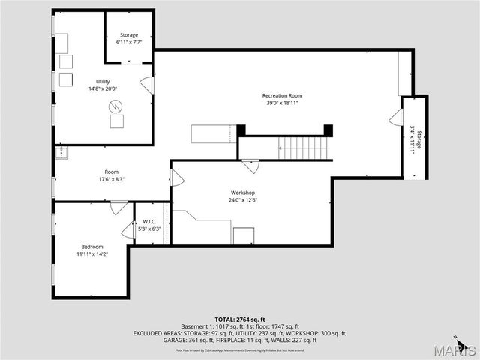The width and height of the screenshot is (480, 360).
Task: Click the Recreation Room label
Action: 282,95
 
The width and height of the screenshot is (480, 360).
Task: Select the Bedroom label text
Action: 92,247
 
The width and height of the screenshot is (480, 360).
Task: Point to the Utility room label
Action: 103,81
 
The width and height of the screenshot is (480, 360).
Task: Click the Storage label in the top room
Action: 128,34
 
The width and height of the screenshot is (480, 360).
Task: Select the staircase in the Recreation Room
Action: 303,148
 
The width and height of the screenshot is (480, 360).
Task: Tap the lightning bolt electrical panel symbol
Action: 118,122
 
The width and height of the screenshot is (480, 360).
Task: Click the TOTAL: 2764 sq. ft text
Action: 241,319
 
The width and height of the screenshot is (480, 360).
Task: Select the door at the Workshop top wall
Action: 250,166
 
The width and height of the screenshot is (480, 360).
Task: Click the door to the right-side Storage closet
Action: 395,118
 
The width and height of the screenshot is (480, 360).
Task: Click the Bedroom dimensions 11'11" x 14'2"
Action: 92,254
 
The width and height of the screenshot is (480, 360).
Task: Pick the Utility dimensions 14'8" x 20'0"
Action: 103,88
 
